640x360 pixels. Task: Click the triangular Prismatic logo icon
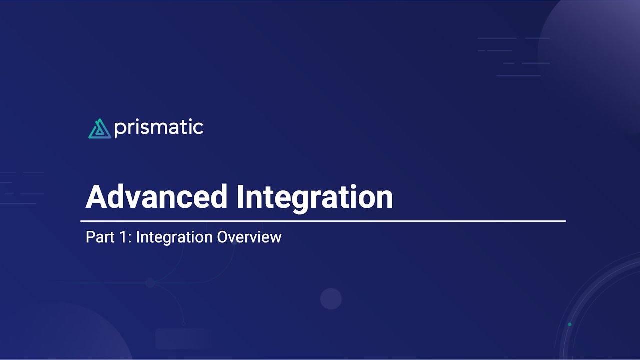coord(99,129)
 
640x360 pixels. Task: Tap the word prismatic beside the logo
coord(158,128)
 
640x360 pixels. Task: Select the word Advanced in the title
coord(157,197)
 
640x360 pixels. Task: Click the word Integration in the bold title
coord(314,197)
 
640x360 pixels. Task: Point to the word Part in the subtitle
coord(100,237)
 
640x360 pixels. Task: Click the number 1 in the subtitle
coord(124,237)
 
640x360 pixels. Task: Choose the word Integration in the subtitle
coord(174,237)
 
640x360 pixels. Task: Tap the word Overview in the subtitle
coord(249,237)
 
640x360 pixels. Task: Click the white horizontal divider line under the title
coord(323,220)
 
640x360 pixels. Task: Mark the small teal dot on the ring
coord(569,324)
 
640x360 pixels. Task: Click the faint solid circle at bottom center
coord(331,299)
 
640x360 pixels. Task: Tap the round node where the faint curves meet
coord(150,283)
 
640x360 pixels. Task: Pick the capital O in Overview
coord(223,237)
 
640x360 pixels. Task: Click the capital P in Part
coord(90,237)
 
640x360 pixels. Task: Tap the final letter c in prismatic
coord(198,128)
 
